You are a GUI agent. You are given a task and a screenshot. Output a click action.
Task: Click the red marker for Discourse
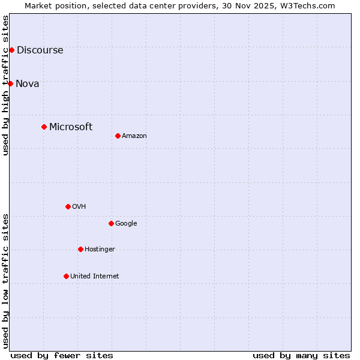[x=11, y=50]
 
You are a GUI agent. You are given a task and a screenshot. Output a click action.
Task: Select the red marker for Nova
[x=10, y=83]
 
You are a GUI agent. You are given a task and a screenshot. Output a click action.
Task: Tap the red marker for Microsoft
[x=44, y=127]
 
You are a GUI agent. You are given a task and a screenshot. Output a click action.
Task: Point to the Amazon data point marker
[x=118, y=136]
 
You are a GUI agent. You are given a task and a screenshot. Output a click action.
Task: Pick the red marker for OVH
[x=68, y=206]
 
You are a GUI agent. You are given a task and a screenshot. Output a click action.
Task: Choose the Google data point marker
[x=111, y=223]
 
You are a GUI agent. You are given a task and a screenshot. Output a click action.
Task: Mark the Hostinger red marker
[x=80, y=249]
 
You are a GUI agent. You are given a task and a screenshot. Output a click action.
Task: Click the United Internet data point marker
[x=66, y=276]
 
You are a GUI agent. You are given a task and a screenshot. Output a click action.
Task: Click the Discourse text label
[x=40, y=50]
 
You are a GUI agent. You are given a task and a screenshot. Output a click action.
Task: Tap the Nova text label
[x=28, y=84]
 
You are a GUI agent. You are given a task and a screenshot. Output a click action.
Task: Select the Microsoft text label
[x=71, y=127]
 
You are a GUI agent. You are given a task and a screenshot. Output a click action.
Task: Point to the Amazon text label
[x=134, y=136]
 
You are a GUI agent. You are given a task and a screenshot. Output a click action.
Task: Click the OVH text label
[x=79, y=207]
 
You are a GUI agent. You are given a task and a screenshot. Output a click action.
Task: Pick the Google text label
[x=126, y=224]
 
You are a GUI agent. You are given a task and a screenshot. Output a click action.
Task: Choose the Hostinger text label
[x=100, y=250]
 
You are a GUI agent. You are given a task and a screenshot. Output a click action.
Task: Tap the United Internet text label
[x=95, y=277]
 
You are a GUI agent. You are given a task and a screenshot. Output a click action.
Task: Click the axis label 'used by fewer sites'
[x=62, y=355]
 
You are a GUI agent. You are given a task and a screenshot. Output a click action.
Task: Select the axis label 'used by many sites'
[x=301, y=355]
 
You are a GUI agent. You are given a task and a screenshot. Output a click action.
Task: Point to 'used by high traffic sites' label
[x=6, y=85]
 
